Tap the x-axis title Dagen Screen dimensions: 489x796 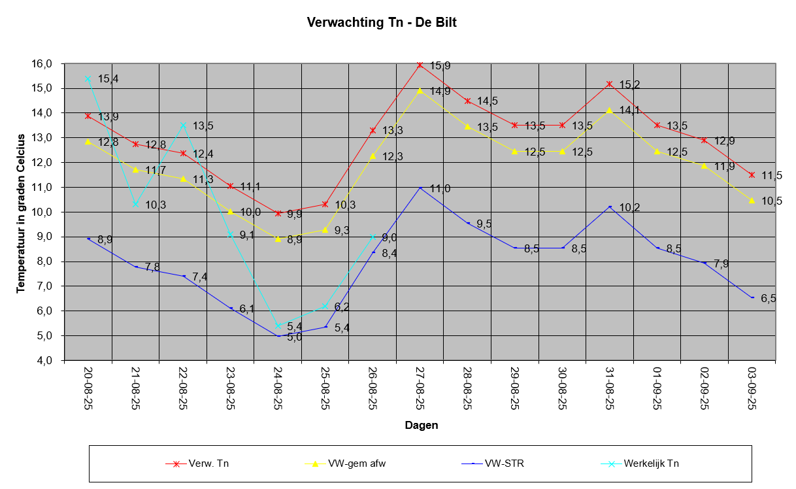coord(421,425)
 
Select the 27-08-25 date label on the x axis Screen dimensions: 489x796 coord(420,387)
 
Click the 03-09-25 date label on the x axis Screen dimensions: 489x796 coord(752,387)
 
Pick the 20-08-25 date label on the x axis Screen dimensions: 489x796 coord(88,387)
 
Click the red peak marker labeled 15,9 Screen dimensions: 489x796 coord(420,65)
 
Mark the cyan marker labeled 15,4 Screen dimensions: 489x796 coord(88,78)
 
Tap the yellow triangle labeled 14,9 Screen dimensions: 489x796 coord(420,90)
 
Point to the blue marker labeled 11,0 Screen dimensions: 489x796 coord(420,188)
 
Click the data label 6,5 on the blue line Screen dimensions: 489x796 coord(768,298)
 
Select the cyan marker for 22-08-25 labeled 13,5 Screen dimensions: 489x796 coord(183,125)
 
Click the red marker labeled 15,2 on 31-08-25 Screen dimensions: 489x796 coord(610,84)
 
